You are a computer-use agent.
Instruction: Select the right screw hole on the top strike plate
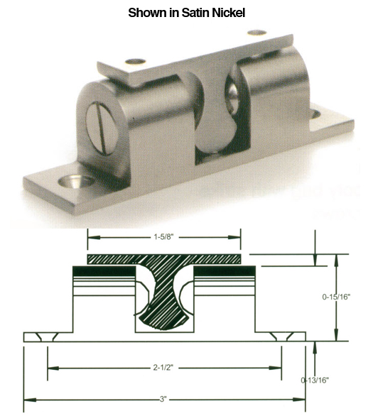point(258,33)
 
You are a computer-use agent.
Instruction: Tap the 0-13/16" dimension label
point(315,381)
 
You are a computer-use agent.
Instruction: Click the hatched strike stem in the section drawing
point(165,298)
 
